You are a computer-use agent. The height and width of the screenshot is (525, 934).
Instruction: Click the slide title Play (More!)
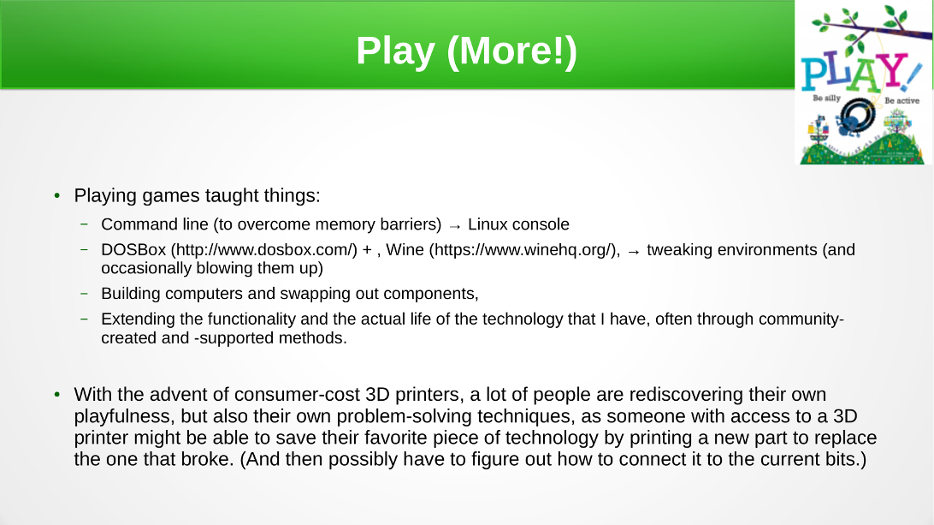pos(466,51)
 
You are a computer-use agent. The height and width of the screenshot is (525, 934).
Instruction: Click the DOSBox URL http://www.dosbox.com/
pos(264,249)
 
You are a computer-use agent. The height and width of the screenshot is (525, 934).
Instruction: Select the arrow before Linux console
pos(454,226)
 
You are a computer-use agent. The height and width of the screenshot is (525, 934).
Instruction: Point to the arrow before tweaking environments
pos(634,252)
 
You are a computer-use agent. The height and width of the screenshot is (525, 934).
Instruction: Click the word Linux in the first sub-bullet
pos(487,224)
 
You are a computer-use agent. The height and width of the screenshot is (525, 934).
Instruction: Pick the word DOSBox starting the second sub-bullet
pos(133,249)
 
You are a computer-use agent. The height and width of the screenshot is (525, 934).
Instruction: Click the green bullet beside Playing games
pos(57,195)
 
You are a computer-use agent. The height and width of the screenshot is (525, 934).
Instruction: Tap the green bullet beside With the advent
pos(57,394)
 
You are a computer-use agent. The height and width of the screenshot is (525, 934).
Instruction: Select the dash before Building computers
pos(84,294)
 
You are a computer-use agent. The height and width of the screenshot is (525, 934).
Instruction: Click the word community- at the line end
pos(801,319)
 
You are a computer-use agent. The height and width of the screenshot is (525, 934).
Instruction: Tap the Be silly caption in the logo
pos(826,98)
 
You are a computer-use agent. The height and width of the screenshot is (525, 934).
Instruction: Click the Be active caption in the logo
pos(901,101)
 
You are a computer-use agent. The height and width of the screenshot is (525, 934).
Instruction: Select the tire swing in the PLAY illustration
pos(858,117)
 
